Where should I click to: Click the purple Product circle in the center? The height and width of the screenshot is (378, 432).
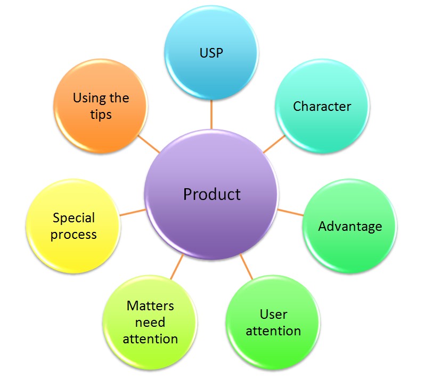tap(211, 195)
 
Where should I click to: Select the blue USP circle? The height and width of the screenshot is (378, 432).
tap(211, 52)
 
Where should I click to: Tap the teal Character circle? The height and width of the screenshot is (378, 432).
tap(322, 106)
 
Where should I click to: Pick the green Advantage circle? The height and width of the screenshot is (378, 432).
tap(350, 226)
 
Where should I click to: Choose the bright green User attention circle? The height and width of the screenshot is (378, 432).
tap(273, 323)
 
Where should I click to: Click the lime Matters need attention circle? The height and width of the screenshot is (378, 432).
tap(150, 323)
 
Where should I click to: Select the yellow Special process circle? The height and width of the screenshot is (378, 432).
tap(74, 226)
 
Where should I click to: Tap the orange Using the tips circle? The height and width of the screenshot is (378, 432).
tap(101, 106)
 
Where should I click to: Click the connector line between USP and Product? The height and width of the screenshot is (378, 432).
tap(211, 115)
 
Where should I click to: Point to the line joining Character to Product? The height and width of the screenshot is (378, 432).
tap(274, 143)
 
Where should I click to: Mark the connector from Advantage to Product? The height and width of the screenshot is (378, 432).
tap(290, 212)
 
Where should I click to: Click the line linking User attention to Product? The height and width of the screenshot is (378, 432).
tap(246, 267)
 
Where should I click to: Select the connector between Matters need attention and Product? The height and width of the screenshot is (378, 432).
tap(177, 267)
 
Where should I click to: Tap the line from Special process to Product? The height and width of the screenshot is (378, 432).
tap(133, 212)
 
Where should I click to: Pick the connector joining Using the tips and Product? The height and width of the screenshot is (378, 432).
tap(149, 143)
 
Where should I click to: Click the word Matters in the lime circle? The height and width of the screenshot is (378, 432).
tap(150, 305)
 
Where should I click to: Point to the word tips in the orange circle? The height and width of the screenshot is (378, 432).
tap(101, 115)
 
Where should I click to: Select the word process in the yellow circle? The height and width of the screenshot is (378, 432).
tap(74, 235)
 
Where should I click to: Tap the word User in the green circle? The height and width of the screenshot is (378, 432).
tap(273, 314)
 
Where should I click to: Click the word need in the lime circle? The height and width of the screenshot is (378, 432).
tap(150, 323)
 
